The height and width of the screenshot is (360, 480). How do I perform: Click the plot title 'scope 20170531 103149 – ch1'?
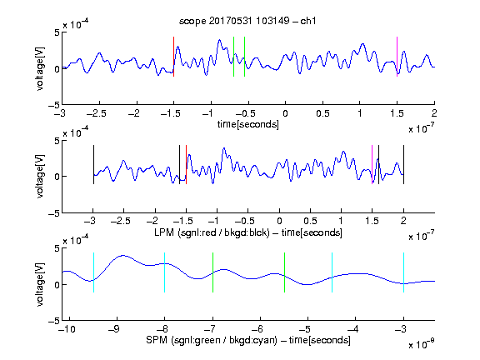[x=247, y=21]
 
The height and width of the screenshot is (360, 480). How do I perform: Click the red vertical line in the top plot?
[x=174, y=57]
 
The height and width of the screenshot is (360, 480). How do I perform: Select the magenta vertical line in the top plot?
[x=397, y=57]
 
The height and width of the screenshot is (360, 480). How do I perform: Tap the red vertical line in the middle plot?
[x=186, y=164]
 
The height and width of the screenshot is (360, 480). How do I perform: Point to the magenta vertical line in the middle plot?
[x=372, y=164]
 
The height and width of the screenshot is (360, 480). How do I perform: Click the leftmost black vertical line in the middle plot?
[x=93, y=164]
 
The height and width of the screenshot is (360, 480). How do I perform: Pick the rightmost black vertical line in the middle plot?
[x=403, y=164]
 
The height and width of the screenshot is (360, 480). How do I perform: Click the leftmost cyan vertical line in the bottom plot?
[x=93, y=272]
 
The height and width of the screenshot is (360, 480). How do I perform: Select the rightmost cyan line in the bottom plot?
[x=403, y=272]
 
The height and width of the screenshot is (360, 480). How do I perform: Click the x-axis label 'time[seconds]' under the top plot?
[x=248, y=124]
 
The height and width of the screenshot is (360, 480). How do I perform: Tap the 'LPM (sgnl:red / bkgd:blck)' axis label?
[x=212, y=232]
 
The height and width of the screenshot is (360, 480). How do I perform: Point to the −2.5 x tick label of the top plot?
[x=97, y=113]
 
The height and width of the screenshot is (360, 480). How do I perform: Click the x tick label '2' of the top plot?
[x=434, y=113]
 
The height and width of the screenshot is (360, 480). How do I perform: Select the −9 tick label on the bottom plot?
[x=114, y=329]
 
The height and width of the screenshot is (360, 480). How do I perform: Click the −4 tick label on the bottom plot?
[x=352, y=329]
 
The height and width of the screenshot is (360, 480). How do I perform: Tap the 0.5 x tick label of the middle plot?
[x=310, y=221]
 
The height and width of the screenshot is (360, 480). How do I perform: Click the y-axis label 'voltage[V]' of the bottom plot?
[x=40, y=284]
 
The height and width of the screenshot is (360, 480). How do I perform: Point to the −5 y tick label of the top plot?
[x=54, y=105]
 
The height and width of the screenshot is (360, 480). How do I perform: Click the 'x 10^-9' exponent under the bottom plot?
[x=422, y=343]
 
